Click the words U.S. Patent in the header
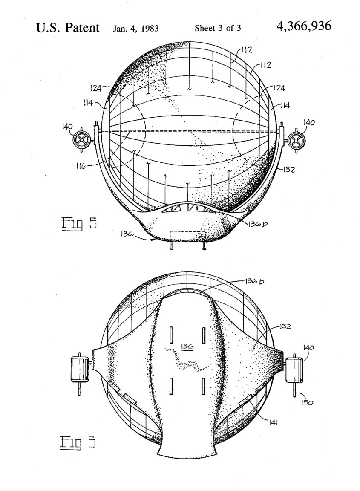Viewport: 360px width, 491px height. [x=68, y=28]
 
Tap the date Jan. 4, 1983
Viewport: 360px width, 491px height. [x=135, y=29]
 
